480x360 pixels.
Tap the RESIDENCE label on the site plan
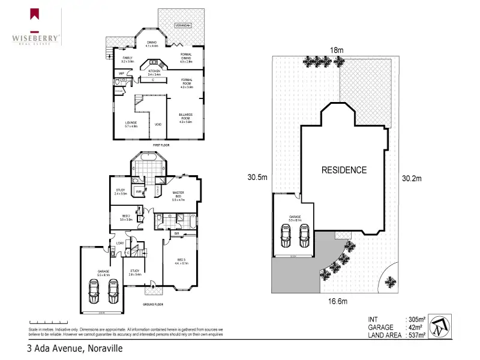[344, 170]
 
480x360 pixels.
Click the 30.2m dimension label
[412, 178]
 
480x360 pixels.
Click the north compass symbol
[441, 326]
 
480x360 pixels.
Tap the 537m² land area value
[416, 335]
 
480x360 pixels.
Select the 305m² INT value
[416, 319]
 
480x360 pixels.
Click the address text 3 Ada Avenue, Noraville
[74, 348]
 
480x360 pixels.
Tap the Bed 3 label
[182, 261]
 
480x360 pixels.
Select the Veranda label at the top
[182, 26]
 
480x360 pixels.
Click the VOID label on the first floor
[158, 124]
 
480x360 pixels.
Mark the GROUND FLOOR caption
[154, 305]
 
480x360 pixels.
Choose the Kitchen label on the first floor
[155, 72]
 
